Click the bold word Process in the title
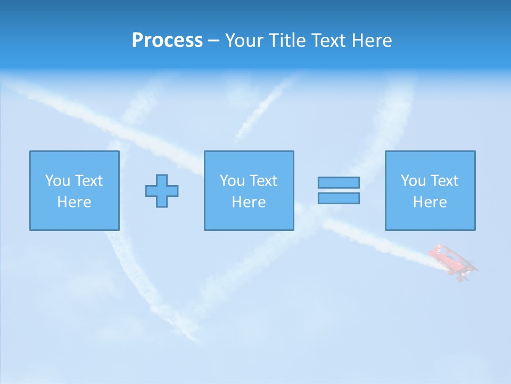coord(167,41)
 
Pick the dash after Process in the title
coord(214,41)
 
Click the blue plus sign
coord(162,191)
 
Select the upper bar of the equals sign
coord(339,182)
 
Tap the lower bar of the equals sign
coord(339,198)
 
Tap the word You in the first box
coord(57,181)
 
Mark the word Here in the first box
coord(74,202)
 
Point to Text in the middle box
coord(263,181)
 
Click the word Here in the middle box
coord(249,202)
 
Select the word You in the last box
coord(413,181)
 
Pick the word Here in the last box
coord(430,202)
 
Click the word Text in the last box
coord(444,181)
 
